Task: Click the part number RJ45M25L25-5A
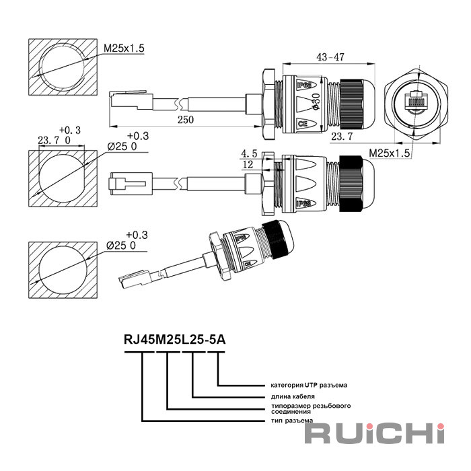(174, 340)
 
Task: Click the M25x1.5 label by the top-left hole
(124, 48)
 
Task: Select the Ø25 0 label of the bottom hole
(122, 246)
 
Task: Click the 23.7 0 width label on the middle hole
(53, 141)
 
